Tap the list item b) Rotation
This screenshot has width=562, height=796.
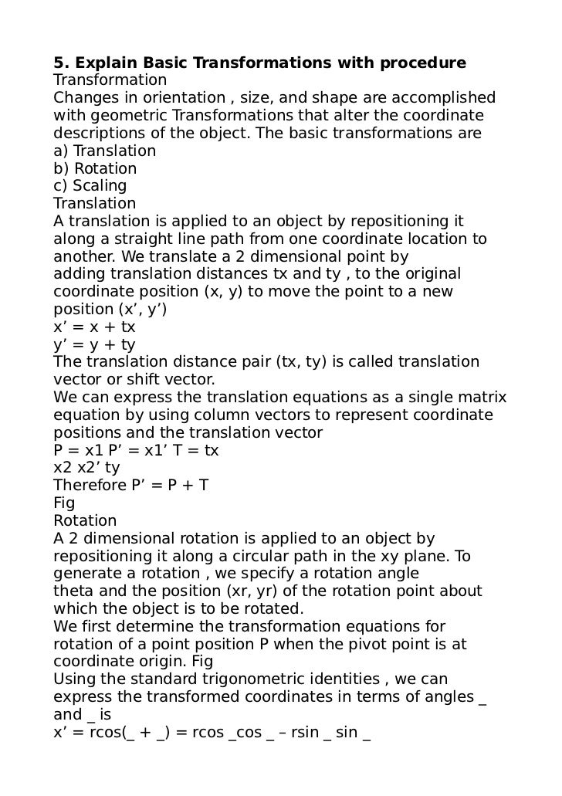tap(95, 168)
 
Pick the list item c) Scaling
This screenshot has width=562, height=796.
tap(90, 186)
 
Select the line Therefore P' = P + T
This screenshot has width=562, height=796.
tap(131, 485)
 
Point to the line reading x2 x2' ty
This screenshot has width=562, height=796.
tap(86, 467)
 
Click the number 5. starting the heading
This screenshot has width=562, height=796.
tap(59, 62)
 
